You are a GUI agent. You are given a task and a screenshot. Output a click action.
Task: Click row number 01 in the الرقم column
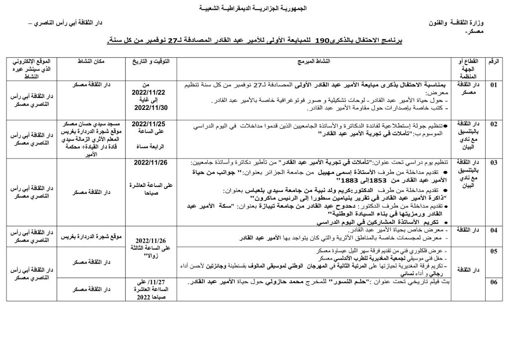click(x=494, y=85)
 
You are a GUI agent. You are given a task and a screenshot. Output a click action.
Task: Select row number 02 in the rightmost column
click(x=494, y=124)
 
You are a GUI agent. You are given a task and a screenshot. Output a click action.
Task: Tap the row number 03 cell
click(x=494, y=163)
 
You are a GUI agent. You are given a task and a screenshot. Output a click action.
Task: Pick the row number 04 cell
click(x=494, y=230)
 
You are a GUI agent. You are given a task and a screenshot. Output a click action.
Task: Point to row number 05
click(x=494, y=252)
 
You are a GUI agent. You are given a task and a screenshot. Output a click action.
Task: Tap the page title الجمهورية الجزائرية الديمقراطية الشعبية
click(x=254, y=9)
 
